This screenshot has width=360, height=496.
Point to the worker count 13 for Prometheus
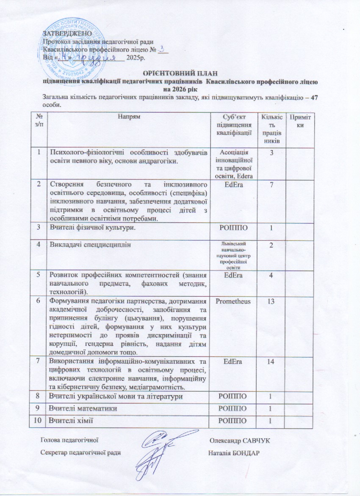(269, 301)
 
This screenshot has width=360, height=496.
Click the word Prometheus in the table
(233, 301)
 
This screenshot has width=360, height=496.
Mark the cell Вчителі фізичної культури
(94, 229)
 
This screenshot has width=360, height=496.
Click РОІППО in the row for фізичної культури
(233, 229)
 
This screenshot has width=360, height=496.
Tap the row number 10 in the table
(39, 420)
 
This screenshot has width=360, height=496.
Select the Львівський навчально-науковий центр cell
(233, 255)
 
